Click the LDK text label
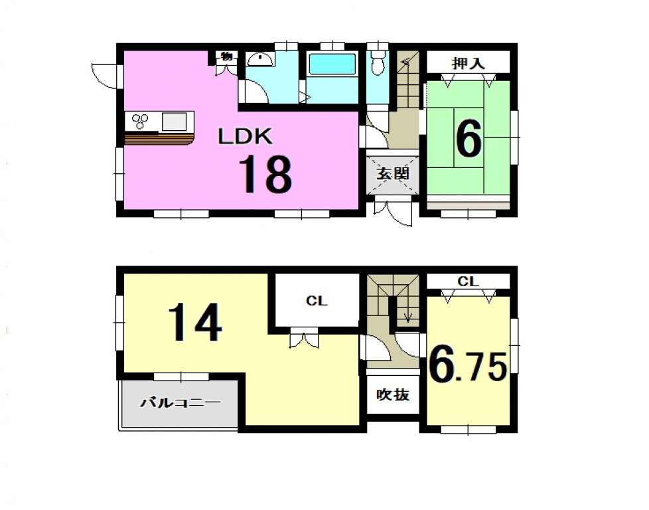pos(246,136)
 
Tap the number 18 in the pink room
pos(265,175)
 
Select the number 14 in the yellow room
pos(195,322)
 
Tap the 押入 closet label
pos(468,63)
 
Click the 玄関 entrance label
pos(393,173)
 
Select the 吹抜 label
pos(393,395)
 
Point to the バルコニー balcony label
pos(180,402)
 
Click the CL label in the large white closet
pos(317,301)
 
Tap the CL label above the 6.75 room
pos(468,282)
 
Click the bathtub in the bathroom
pos(332,64)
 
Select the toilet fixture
pos(378,62)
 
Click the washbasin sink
pos(260,60)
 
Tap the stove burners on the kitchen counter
pos(140,121)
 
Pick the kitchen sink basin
pos(175,122)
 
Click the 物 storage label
pos(227,56)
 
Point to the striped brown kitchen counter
pos(159,139)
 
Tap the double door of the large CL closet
pos(304,338)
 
